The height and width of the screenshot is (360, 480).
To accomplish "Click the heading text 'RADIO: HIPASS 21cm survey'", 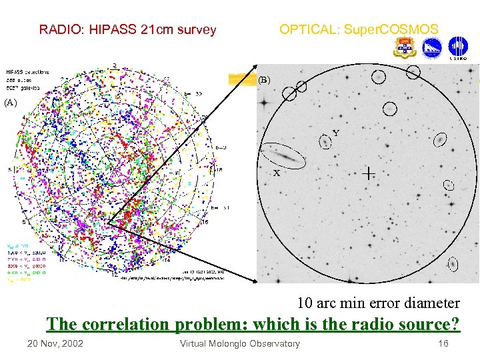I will [127, 29].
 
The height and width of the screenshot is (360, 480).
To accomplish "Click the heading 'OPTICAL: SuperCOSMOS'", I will [359, 29].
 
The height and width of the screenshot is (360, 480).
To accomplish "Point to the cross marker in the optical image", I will [367, 173].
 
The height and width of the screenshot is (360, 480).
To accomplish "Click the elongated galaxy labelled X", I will [284, 156].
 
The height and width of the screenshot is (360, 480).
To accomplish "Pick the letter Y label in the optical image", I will [336, 133].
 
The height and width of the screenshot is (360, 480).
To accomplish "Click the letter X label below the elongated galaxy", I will [276, 173].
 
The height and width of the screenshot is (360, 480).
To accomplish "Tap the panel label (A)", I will [9, 103].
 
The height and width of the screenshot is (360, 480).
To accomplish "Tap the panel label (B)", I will [264, 81].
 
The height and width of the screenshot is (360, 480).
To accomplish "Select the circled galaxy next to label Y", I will [325, 142].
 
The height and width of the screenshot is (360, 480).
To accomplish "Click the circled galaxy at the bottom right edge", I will [453, 264].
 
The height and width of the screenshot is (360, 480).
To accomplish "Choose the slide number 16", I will [443, 343].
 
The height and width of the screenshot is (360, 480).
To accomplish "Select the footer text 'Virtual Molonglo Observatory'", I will [240, 343].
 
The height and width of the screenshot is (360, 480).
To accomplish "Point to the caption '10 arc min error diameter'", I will [378, 303].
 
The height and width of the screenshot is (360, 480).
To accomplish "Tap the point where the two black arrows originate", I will [107, 222].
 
